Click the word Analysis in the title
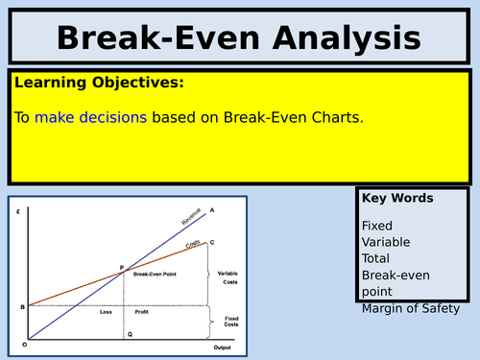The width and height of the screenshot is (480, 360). click(x=334, y=38)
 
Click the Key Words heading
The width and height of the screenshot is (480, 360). click(x=396, y=199)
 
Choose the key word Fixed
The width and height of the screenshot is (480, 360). click(x=377, y=226)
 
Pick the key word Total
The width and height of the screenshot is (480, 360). click(x=377, y=258)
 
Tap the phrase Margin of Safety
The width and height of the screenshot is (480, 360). click(x=411, y=308)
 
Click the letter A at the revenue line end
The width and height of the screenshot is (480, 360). click(x=211, y=210)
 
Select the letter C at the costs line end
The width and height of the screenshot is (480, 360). click(x=211, y=242)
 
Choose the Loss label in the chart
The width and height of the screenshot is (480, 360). click(x=107, y=311)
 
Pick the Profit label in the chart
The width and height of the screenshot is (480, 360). click(x=140, y=311)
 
